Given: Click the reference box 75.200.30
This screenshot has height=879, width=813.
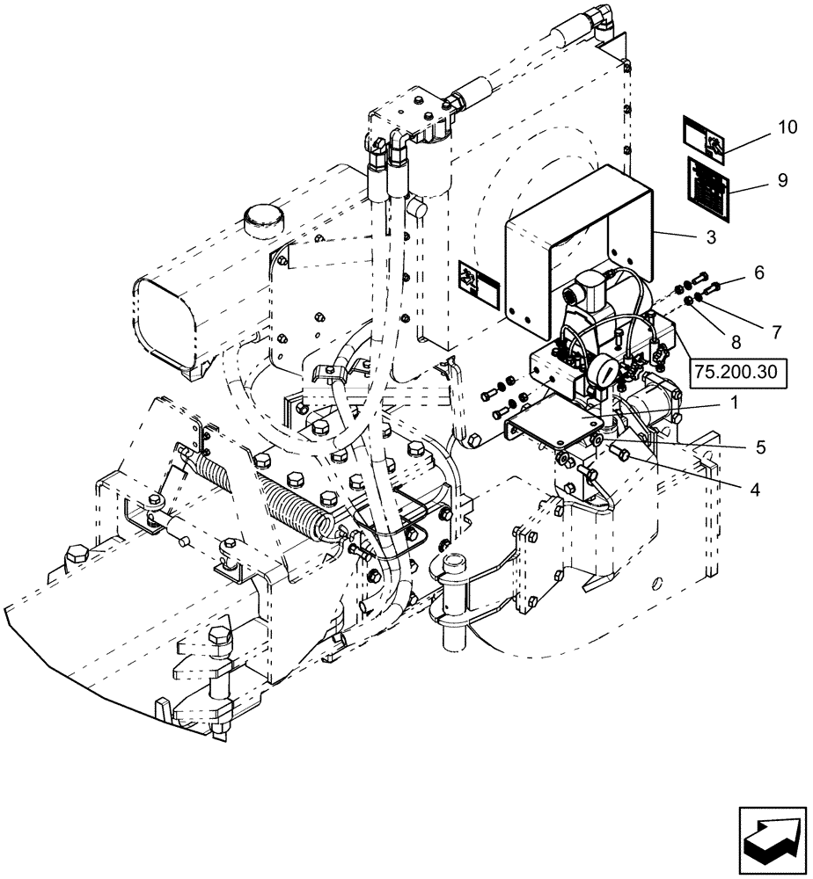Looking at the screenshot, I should click(736, 372).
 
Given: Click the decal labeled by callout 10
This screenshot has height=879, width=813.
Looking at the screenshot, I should click(705, 139).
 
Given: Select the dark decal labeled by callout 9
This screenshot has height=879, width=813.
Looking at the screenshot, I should click(707, 183).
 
